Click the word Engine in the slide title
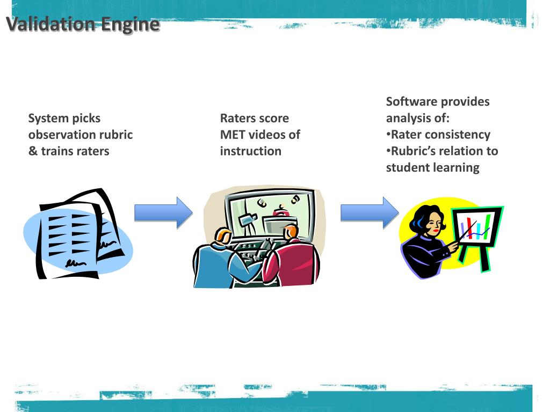tap(131, 25)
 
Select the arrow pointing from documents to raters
tap(163, 212)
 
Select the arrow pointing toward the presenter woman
tap(370, 212)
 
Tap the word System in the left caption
tap(48, 119)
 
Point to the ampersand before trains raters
tap(33, 151)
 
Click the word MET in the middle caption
tap(232, 135)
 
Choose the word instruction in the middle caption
tap(250, 151)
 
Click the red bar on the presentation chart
tap(470, 227)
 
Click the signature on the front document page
tap(75, 263)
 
